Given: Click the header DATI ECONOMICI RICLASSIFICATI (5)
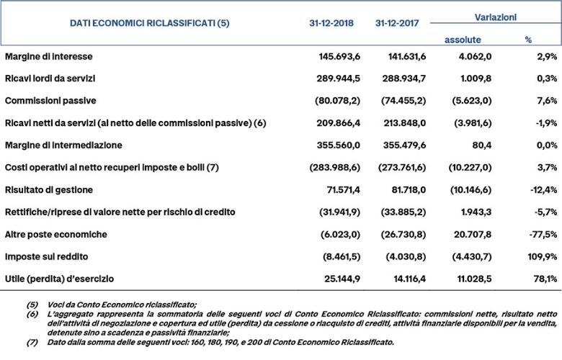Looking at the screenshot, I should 149,23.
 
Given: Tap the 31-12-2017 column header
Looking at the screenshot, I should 398,23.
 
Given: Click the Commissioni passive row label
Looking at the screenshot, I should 50,100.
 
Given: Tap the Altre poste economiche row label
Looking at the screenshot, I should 56,234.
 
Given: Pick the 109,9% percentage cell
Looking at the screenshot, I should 540,256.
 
